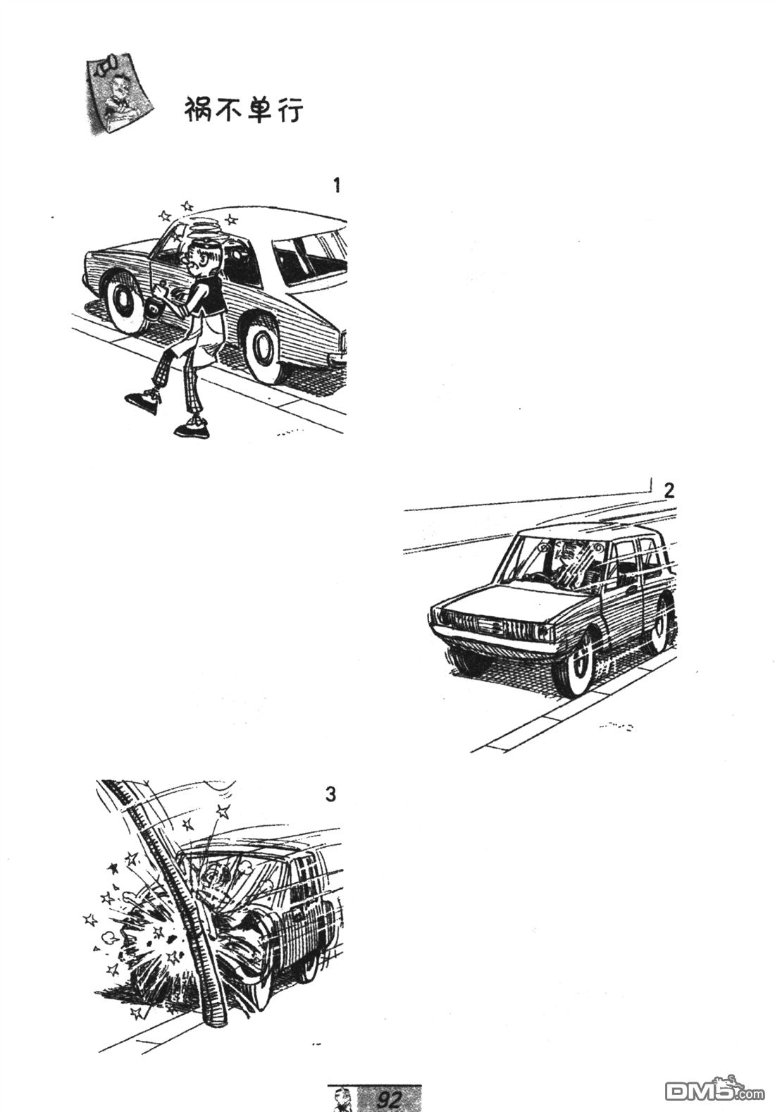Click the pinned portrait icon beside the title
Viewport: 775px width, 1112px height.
(x=118, y=95)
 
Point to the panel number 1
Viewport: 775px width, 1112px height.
(x=337, y=185)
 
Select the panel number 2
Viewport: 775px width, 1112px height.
(x=669, y=491)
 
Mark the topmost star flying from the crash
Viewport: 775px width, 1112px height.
(x=223, y=813)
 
